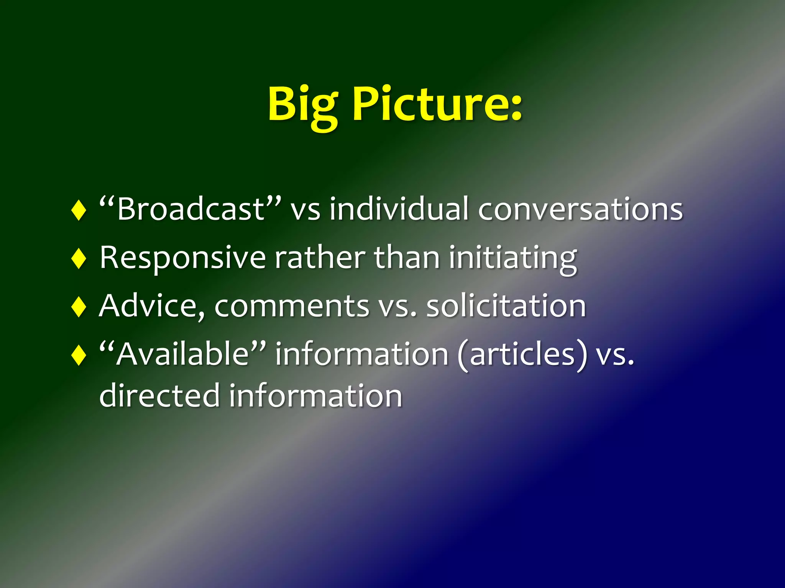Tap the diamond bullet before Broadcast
point(79,210)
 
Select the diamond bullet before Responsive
point(79,258)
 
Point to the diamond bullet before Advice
point(79,306)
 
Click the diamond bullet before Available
point(79,354)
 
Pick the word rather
point(320,258)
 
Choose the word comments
point(291,306)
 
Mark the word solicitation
point(506,306)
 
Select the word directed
point(159,395)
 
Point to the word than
point(407,258)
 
